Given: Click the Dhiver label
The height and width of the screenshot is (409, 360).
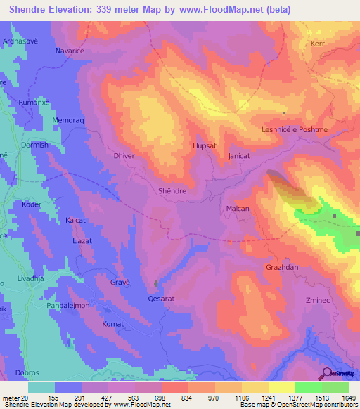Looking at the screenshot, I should pyautogui.click(x=124, y=157).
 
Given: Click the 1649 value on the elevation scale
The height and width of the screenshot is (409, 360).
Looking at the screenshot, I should pyautogui.click(x=347, y=398).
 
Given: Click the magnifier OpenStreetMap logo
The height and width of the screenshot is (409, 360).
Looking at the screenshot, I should pyautogui.click(x=326, y=373).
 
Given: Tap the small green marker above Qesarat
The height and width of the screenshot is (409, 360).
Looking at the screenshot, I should pyautogui.click(x=155, y=283).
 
